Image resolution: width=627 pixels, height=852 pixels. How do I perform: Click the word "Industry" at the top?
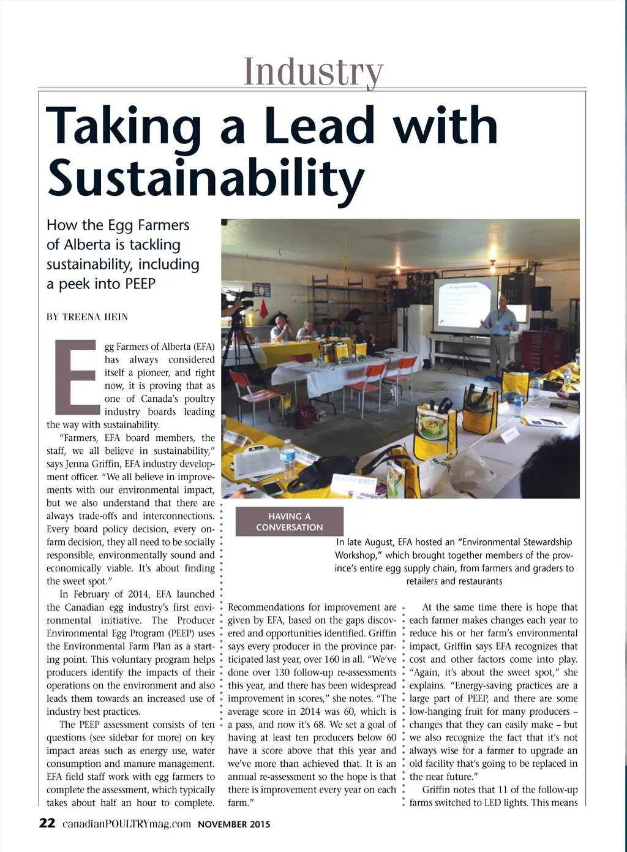[313, 72]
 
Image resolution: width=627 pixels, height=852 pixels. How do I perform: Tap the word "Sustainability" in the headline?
[206, 177]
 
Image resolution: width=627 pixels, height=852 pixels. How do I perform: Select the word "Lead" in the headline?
[319, 126]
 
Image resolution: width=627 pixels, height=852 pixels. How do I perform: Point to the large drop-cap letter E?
[75, 376]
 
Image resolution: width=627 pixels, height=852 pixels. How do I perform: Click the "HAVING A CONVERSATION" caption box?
[289, 522]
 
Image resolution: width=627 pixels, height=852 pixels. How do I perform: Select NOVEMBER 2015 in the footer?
[234, 824]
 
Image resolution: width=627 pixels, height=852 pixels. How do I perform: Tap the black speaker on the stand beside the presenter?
[541, 298]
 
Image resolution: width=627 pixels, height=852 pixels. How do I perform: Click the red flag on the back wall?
[264, 309]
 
